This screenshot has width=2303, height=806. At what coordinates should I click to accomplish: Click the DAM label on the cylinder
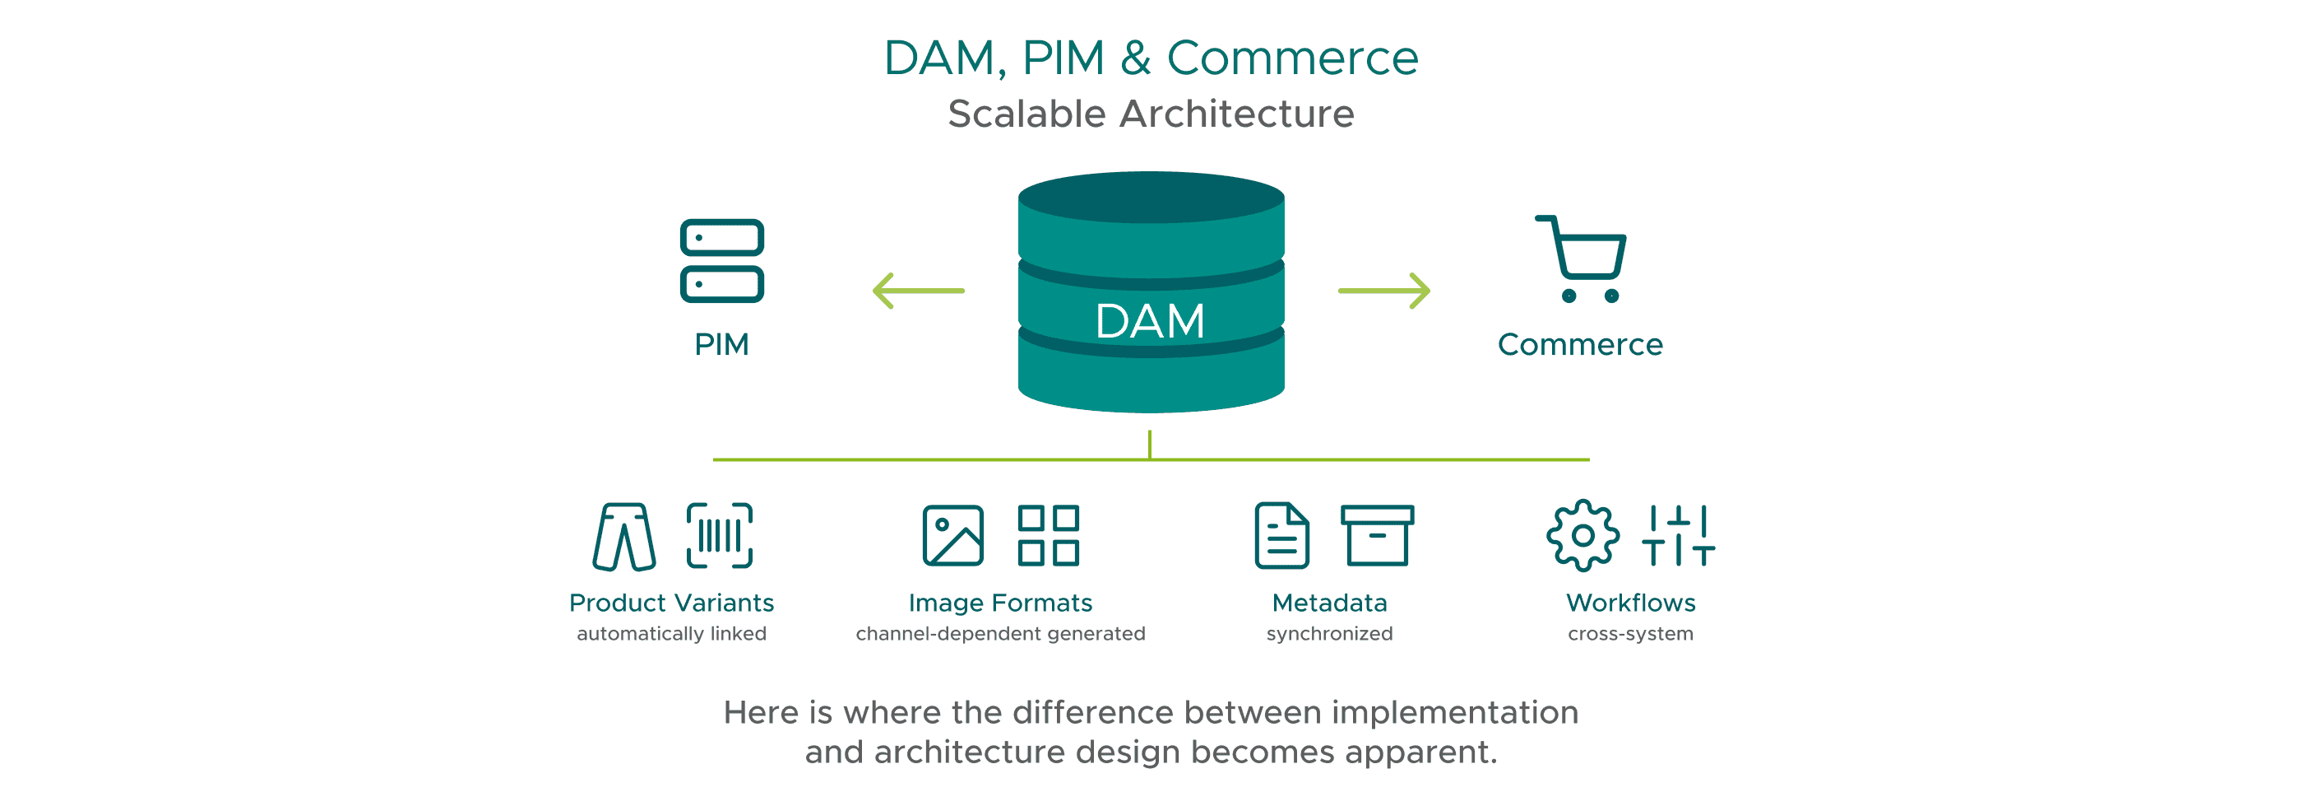coord(1150,321)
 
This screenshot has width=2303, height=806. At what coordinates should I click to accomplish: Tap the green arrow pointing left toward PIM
coord(917,291)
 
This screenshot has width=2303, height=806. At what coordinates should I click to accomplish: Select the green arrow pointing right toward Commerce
coord(1384,291)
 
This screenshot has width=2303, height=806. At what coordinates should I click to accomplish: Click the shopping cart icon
coord(1583,259)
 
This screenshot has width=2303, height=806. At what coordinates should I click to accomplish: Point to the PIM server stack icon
coord(721,260)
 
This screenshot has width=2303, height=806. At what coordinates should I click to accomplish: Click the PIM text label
coord(721,344)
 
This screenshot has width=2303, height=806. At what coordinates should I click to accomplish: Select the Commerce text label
coord(1580,344)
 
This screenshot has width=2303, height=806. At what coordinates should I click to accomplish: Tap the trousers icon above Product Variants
coord(624,537)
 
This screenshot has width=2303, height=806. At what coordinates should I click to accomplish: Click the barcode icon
coord(719,536)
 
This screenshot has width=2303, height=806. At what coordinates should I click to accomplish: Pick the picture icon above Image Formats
coord(953,536)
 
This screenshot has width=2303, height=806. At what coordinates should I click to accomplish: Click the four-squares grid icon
coord(1048,536)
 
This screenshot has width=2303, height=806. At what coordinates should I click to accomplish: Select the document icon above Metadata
coord(1282,536)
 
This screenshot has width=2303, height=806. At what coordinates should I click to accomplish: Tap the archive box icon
coord(1377,536)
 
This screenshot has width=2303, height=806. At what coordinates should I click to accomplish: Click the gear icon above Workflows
coord(1582,536)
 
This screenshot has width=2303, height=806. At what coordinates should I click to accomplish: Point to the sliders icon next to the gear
coord(1678,536)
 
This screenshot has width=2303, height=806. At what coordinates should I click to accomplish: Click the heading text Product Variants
coord(671,603)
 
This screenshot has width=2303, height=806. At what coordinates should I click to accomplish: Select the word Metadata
coord(1329,603)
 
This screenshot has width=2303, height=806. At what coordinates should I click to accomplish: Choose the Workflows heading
coord(1631,603)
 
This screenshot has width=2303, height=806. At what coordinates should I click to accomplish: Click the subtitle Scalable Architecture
coord(1151,114)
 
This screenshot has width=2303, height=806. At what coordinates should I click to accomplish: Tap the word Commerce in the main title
coord(1292,59)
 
